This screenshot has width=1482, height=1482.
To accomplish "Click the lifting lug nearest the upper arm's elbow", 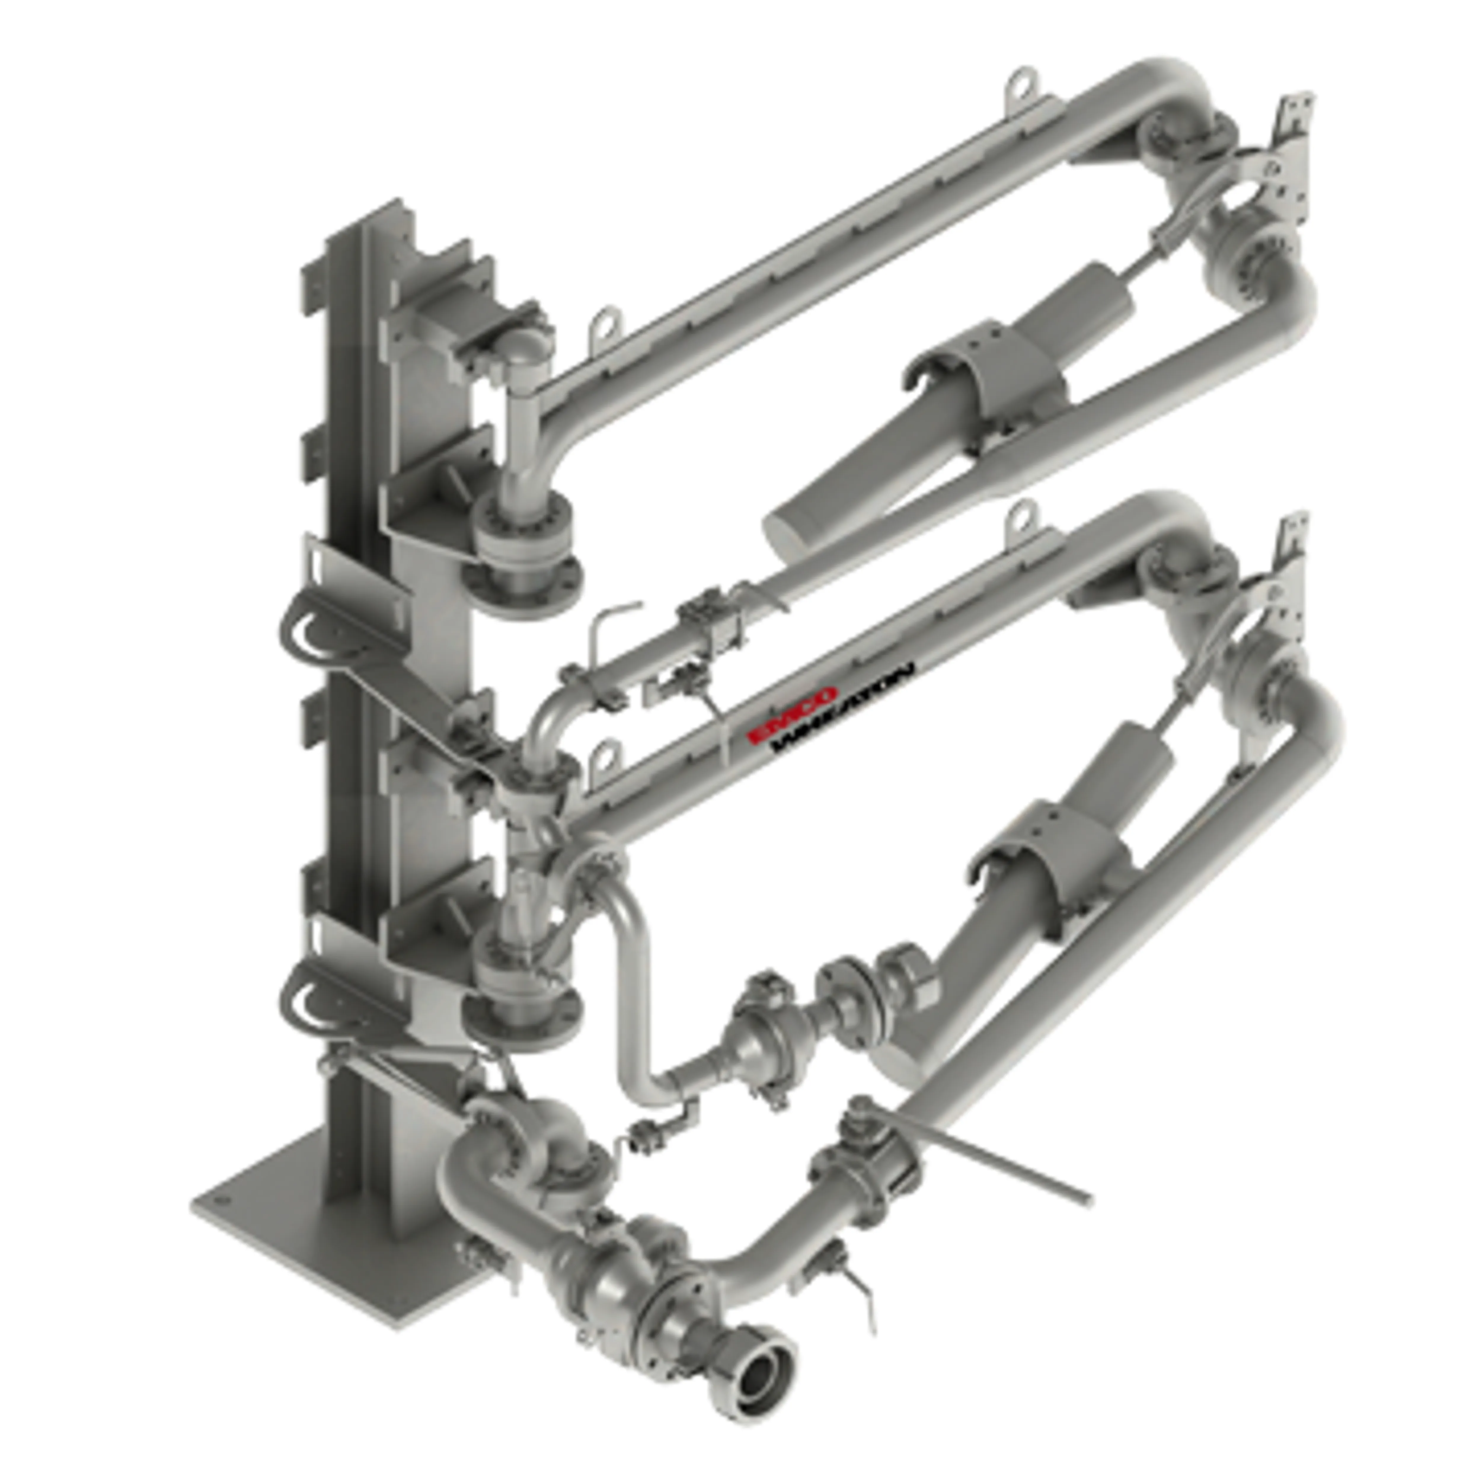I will [1020, 84].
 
